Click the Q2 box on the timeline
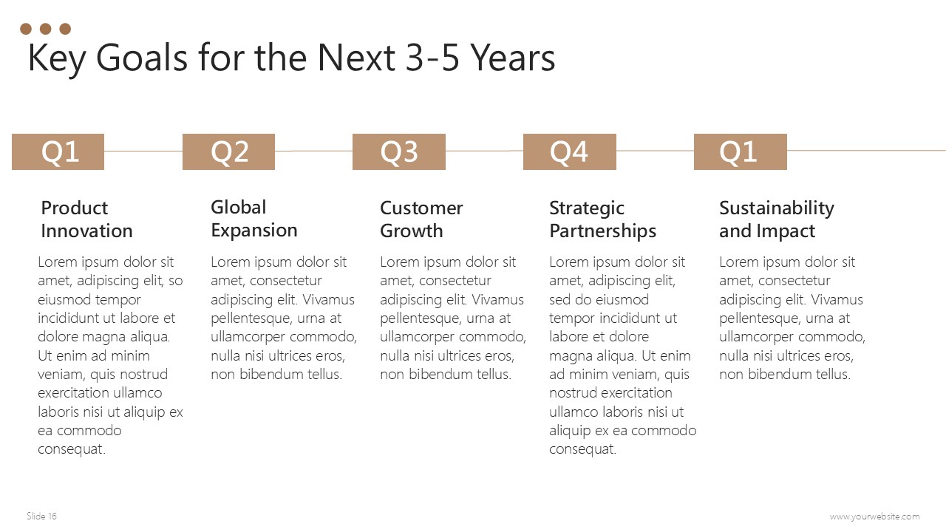pyautogui.click(x=228, y=151)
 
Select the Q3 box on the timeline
pyautogui.click(x=399, y=151)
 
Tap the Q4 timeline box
pyautogui.click(x=570, y=151)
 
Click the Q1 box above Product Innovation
pyautogui.click(x=58, y=151)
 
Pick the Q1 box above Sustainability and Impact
pyautogui.click(x=741, y=151)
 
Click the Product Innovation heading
pyautogui.click(x=86, y=219)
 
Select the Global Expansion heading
pyautogui.click(x=253, y=219)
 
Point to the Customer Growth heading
pyautogui.click(x=421, y=219)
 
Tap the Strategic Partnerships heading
pyautogui.click(x=602, y=219)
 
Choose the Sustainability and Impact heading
pyautogui.click(x=777, y=219)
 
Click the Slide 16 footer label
pyautogui.click(x=41, y=516)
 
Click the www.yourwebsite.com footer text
pyautogui.click(x=874, y=516)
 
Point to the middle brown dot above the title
pyautogui.click(x=46, y=29)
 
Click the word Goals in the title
pyautogui.click(x=141, y=58)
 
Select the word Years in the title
pyautogui.click(x=513, y=58)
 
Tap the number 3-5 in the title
pyautogui.click(x=432, y=58)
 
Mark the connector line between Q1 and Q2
pyautogui.click(x=143, y=151)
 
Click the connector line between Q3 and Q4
pyautogui.click(x=484, y=151)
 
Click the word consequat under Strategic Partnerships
pyautogui.click(x=583, y=449)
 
